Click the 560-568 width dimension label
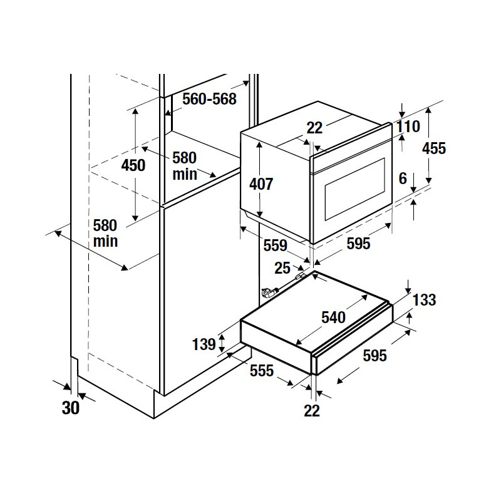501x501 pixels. click(x=209, y=99)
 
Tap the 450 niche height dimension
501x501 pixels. click(x=133, y=165)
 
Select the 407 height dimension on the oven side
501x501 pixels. click(x=261, y=184)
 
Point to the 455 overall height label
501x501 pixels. click(x=433, y=148)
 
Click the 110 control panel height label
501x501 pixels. click(x=408, y=127)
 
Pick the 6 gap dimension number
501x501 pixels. click(x=403, y=178)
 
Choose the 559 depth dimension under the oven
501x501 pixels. click(x=275, y=245)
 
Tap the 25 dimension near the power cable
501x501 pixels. click(x=282, y=268)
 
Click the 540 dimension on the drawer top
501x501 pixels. click(x=333, y=318)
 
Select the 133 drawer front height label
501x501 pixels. click(x=425, y=300)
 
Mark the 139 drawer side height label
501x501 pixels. click(x=204, y=344)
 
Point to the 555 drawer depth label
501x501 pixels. click(x=262, y=371)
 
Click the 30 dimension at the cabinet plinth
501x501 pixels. click(x=70, y=408)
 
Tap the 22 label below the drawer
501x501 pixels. click(x=311, y=411)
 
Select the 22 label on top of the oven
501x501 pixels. click(x=314, y=128)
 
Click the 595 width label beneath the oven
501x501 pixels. click(x=358, y=244)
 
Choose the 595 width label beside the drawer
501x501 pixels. click(x=374, y=355)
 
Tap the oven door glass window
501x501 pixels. click(x=354, y=189)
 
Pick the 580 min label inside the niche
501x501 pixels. click(x=185, y=166)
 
